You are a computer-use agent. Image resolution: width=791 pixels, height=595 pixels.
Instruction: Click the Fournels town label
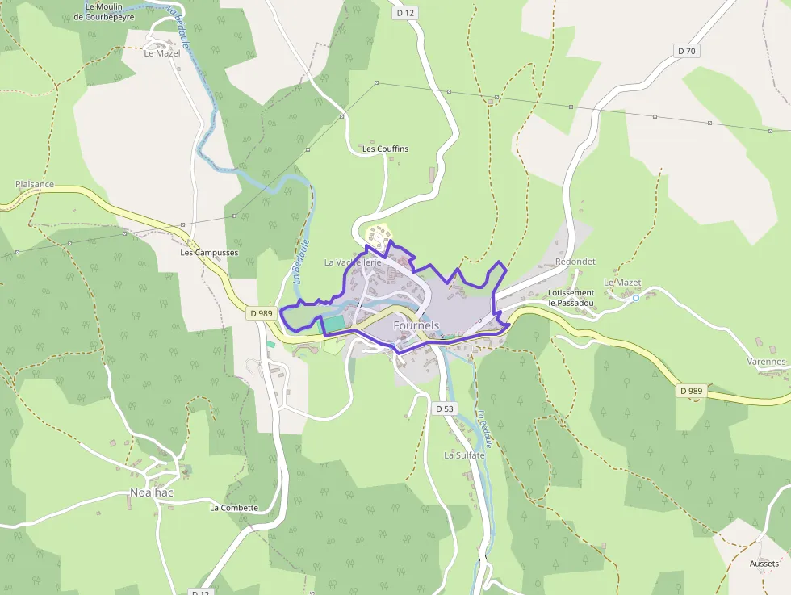pos(416,325)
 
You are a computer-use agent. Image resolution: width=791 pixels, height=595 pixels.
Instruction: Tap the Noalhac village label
pos(153,492)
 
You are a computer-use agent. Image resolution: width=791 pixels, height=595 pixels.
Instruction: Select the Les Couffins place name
pos(385,149)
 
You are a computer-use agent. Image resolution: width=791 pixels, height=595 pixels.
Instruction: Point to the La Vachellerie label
pos(352,262)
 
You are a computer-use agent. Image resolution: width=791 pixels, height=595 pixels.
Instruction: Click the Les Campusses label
pos(209,253)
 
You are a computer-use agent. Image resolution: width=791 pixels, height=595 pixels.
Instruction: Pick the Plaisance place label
pos(35,184)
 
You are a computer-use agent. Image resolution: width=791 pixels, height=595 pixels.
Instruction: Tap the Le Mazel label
pos(161,53)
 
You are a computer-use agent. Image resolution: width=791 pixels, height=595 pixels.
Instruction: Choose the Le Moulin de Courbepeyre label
pos(110,11)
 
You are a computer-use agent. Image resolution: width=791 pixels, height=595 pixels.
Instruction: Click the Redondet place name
pos(575,262)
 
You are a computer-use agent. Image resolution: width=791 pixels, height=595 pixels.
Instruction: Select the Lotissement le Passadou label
pos(571,297)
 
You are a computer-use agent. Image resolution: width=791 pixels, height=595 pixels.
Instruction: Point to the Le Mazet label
pos(622,283)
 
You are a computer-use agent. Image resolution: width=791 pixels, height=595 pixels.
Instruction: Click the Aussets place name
pos(764,563)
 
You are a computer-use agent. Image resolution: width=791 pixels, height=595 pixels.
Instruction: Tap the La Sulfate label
pos(464,455)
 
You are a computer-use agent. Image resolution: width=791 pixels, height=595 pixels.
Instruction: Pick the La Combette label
pos(234,508)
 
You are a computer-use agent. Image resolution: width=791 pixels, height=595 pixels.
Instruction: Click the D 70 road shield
pos(686,51)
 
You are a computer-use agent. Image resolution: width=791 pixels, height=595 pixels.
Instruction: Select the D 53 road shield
pos(445,409)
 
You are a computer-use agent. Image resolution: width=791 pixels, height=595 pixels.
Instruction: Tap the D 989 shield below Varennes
pos(692,391)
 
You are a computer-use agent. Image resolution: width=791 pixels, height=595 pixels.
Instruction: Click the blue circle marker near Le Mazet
pos(636,298)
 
